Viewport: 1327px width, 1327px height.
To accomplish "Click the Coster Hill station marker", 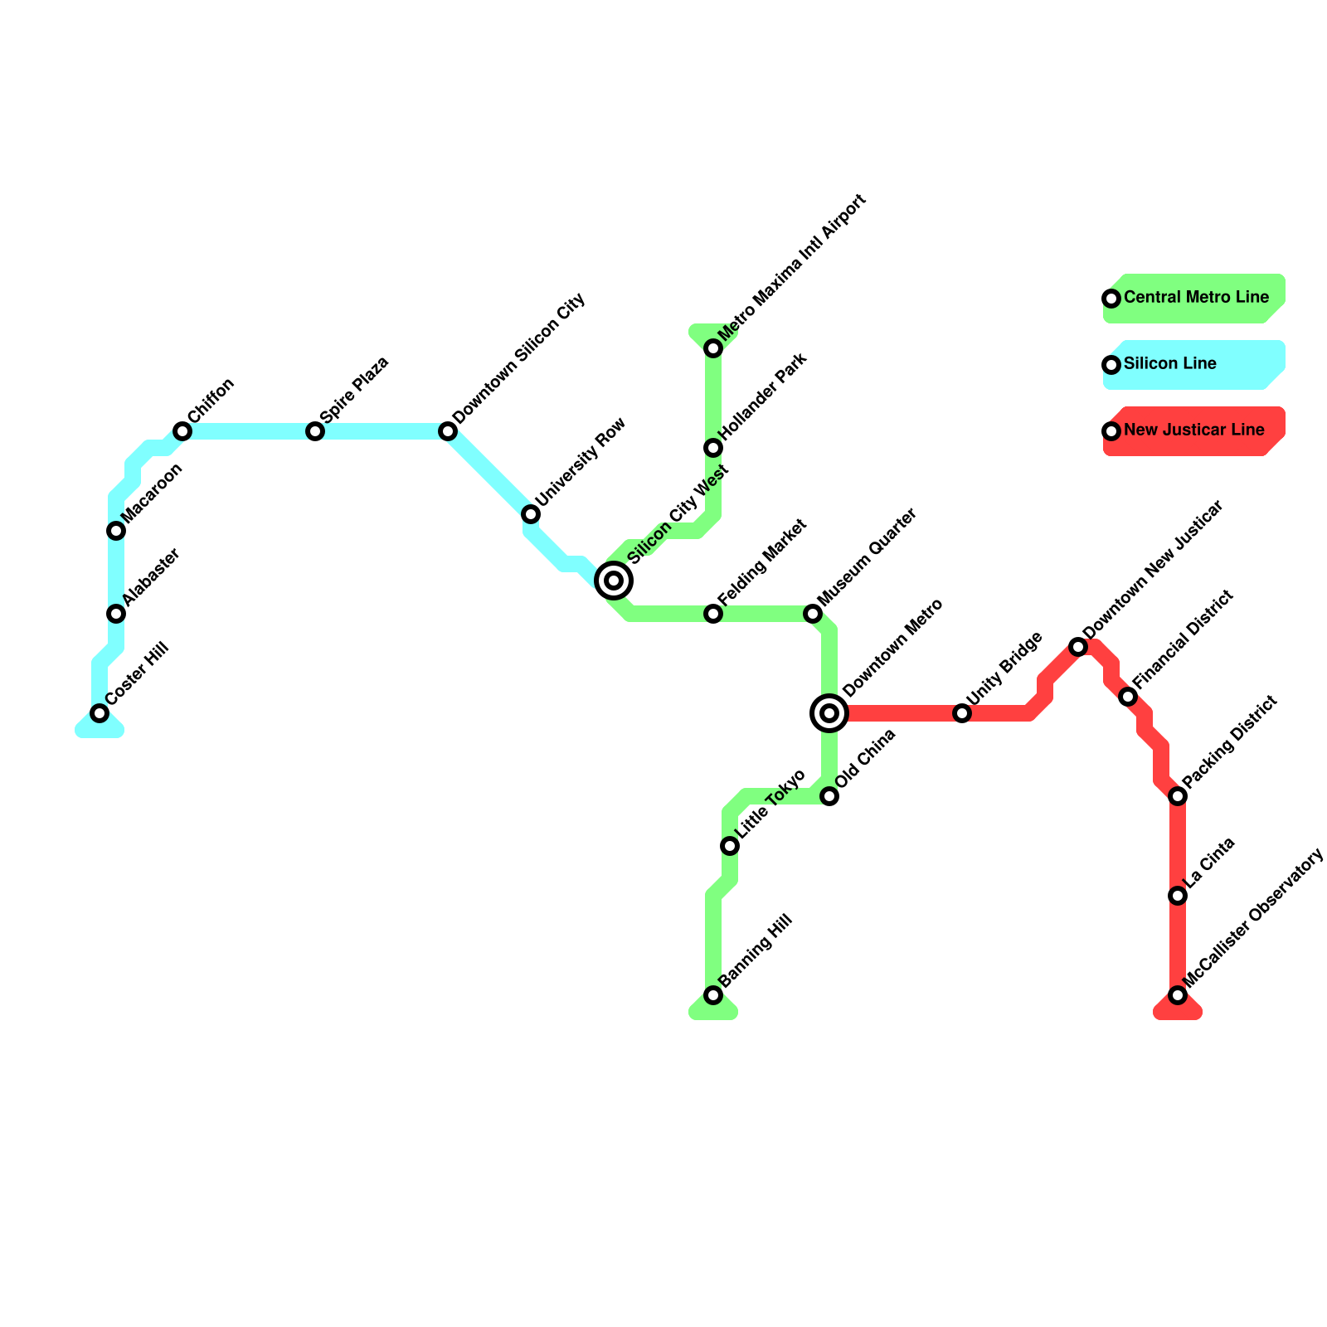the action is [x=100, y=713].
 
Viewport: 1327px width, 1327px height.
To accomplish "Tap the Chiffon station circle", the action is [x=182, y=431].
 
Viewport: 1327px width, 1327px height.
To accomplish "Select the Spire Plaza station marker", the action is [x=315, y=431].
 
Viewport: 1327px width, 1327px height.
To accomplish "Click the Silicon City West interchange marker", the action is [x=614, y=581].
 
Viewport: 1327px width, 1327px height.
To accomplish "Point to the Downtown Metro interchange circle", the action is [x=829, y=713].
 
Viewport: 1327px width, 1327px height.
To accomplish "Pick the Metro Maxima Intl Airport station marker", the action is [x=713, y=348].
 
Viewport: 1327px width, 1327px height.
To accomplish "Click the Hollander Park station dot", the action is [x=713, y=448].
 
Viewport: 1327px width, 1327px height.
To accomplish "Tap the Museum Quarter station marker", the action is [x=813, y=614].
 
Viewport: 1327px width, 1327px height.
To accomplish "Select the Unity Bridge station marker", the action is [x=962, y=713].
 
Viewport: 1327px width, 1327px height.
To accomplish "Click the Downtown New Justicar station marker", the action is [x=1078, y=647].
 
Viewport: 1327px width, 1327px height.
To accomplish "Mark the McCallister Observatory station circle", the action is [x=1178, y=995].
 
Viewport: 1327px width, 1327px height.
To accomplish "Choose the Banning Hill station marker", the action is [x=713, y=995].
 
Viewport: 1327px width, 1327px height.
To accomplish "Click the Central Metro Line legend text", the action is [x=1196, y=297].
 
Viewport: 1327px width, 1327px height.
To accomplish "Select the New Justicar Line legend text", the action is [x=1193, y=430].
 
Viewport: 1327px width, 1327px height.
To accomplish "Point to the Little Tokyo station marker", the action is [x=730, y=846].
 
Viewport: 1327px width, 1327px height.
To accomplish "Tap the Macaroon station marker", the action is [x=116, y=531].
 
